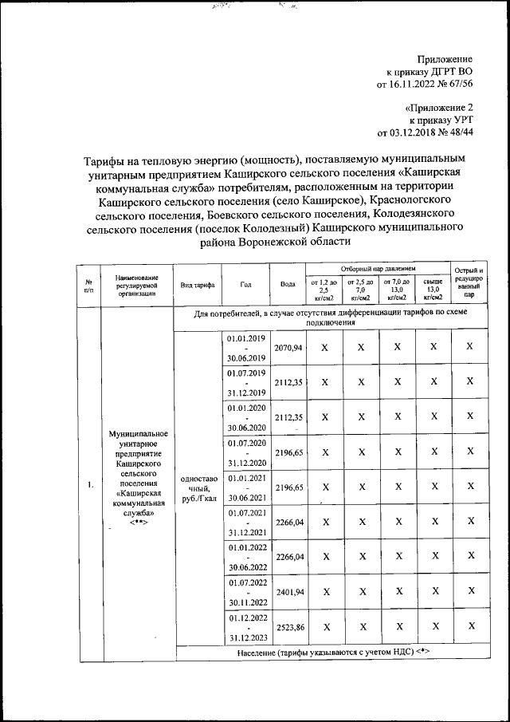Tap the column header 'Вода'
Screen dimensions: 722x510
(x=288, y=284)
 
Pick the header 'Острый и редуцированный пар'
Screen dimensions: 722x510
(x=469, y=283)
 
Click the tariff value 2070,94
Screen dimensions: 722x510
(x=288, y=349)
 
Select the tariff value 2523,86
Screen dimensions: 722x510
(x=288, y=627)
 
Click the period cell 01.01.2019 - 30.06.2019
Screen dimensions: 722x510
(x=245, y=349)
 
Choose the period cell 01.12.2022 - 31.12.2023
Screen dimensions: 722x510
(x=245, y=627)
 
